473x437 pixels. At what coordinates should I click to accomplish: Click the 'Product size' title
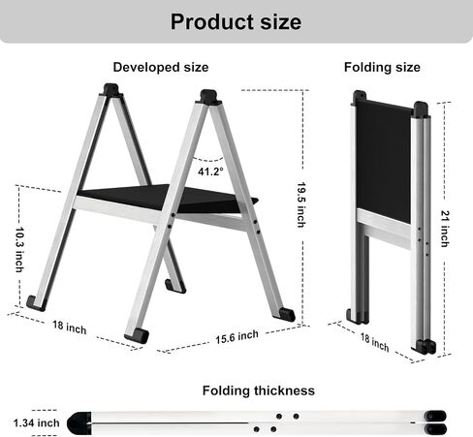tap(236, 22)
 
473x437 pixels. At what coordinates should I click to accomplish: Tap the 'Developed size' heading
tap(161, 67)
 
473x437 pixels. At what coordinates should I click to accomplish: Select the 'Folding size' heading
tap(382, 67)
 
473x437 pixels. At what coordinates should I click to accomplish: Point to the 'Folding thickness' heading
tap(259, 390)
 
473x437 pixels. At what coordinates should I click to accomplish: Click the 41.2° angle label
tap(210, 172)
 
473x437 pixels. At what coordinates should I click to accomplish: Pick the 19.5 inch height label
tap(301, 204)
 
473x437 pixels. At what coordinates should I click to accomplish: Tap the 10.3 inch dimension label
tap(20, 250)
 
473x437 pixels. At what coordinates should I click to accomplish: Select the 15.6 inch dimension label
tap(236, 337)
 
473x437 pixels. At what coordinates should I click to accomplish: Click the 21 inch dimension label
tap(445, 229)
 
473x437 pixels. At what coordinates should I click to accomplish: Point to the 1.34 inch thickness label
tap(37, 422)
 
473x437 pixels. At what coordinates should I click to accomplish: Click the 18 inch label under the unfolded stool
tap(70, 328)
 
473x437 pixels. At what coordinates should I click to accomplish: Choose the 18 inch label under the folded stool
tap(374, 343)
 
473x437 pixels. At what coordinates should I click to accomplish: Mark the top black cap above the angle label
tap(208, 97)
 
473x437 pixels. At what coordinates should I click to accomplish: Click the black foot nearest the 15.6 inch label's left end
tap(137, 335)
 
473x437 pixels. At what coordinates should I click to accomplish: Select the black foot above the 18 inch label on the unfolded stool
tap(36, 303)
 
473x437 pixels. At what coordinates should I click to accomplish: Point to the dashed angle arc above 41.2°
tap(207, 159)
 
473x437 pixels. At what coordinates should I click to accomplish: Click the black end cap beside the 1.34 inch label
tap(79, 422)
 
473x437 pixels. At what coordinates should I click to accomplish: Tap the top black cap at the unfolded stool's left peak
tap(111, 90)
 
